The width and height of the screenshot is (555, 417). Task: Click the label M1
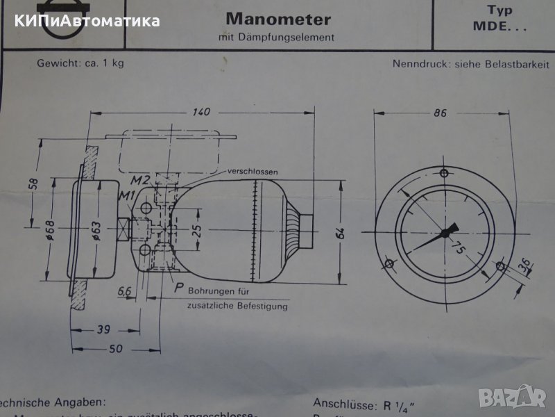[x=126, y=194]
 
